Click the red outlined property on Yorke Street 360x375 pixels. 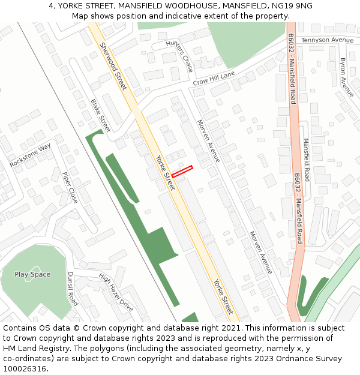click(x=182, y=171)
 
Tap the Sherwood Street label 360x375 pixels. click(x=113, y=66)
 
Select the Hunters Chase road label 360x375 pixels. click(x=179, y=55)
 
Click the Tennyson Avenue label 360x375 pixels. click(x=328, y=40)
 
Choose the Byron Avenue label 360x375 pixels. click(x=346, y=77)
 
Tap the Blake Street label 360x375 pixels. click(x=100, y=116)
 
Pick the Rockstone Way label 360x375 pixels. click(x=31, y=155)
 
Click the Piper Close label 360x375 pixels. click(x=70, y=187)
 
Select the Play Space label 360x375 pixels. click(x=32, y=275)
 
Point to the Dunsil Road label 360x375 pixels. click(x=72, y=289)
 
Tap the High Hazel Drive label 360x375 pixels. click(x=116, y=293)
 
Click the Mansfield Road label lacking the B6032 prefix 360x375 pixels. click(x=307, y=160)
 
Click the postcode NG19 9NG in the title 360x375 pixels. click(x=292, y=6)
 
